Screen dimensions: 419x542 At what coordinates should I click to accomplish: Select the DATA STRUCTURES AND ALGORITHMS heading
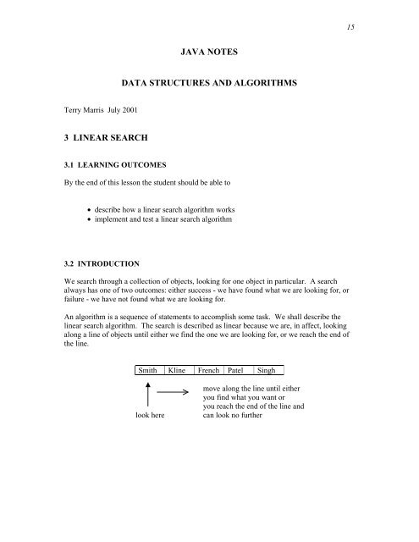pos(209,86)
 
